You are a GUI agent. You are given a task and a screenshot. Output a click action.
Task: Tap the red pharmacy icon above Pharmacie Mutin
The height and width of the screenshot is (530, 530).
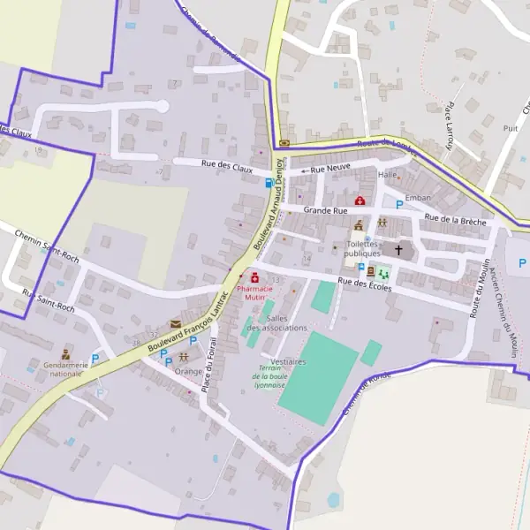[255, 278]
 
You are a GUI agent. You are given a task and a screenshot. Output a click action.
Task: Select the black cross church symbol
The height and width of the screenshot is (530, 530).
[398, 250]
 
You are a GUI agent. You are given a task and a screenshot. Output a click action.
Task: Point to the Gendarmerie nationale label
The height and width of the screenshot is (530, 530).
[66, 368]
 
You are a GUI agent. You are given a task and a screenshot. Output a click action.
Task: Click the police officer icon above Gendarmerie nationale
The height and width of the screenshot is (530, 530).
[65, 353]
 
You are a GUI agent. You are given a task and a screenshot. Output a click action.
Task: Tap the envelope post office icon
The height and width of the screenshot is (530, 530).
[175, 324]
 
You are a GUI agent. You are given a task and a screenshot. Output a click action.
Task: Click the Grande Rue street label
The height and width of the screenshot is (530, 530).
[325, 211]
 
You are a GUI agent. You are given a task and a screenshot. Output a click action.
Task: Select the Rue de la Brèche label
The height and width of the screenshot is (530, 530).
[455, 220]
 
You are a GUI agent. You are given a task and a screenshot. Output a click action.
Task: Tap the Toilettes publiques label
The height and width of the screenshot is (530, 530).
[363, 248]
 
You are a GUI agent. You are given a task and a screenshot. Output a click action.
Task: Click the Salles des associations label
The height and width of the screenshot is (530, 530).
[286, 323]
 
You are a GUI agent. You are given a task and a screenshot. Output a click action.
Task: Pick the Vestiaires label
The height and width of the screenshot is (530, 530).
[289, 362]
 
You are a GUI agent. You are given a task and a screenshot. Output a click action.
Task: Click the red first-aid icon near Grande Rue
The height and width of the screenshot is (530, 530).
[360, 201]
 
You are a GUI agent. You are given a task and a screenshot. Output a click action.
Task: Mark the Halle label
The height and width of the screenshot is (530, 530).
[388, 175]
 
